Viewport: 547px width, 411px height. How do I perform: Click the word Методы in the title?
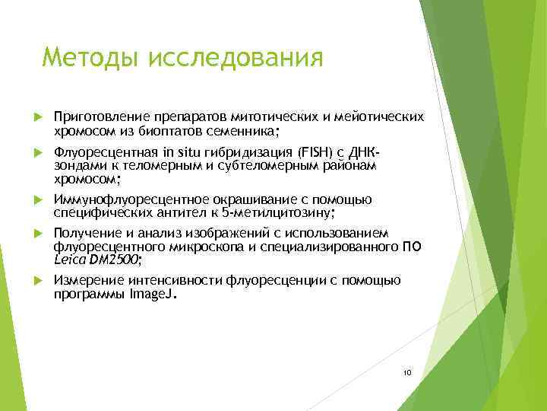tap(90, 57)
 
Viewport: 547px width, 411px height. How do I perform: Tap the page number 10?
tap(407, 372)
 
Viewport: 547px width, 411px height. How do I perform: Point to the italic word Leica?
tap(70, 260)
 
